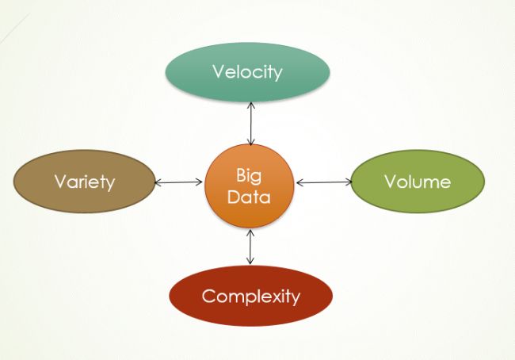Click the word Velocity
pos(246,71)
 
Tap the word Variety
pos(84,182)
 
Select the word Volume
pos(417,182)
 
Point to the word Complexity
pos(251,297)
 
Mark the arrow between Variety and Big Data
pos(179,183)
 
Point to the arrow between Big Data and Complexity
pos(250,247)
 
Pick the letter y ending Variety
pos(110,183)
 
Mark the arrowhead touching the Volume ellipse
pos(349,182)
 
